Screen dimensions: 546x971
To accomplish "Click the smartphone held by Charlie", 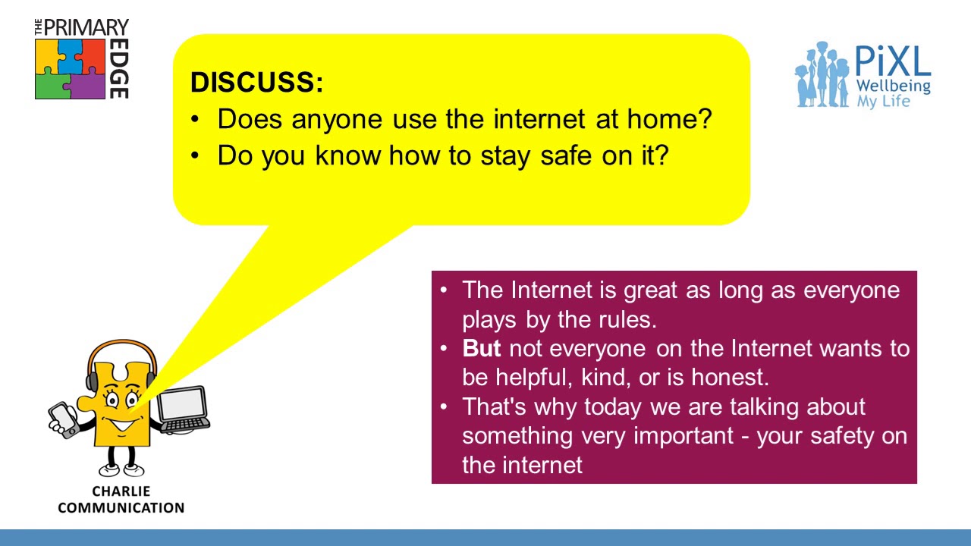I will (x=63, y=419).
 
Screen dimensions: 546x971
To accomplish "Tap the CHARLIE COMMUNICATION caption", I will (x=121, y=500).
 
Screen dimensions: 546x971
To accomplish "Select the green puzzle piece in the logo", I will (x=52, y=84).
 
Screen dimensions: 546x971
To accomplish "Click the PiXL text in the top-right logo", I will (x=892, y=61).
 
